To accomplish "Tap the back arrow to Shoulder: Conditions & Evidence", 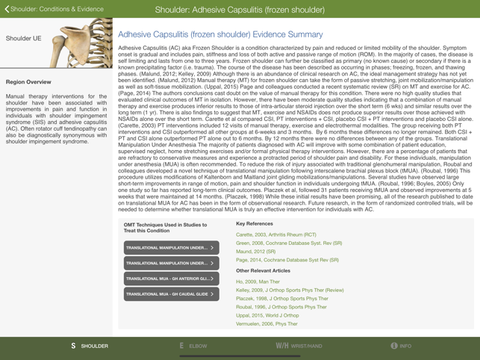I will coord(7,9).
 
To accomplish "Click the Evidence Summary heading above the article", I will coord(220,34).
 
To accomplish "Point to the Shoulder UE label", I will coord(23,37).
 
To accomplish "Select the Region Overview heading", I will coord(28,81).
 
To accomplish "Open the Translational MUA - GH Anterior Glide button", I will coord(171,279).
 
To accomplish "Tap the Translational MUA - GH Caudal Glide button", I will coord(171,294).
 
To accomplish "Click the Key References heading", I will coord(254,223).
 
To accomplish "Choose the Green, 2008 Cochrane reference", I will coord(288,243).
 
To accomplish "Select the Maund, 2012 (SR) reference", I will coord(255,252).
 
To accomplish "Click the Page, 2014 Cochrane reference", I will coord(287,260).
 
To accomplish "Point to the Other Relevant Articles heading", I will coord(263,270).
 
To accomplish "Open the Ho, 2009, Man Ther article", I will coord(258,282).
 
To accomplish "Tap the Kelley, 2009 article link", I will coord(289,290).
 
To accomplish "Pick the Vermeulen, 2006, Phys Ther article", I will coord(267,324).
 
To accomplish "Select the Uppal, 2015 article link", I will coord(267,315).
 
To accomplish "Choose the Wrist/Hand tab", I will coord(299,347).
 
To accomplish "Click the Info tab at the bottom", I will coord(401,347).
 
